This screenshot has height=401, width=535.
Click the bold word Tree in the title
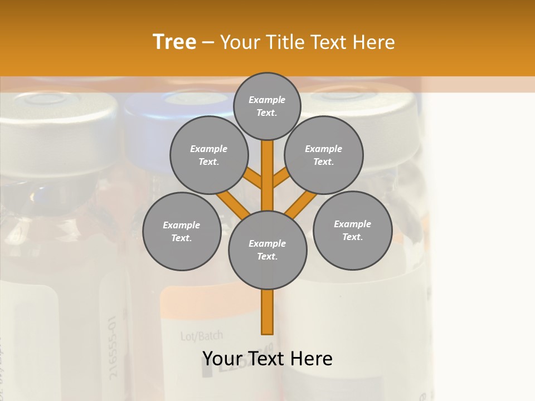(x=174, y=42)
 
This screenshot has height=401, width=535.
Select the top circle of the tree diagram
(x=267, y=106)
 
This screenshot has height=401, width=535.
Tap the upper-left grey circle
(x=209, y=155)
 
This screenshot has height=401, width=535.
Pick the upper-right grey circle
(x=324, y=155)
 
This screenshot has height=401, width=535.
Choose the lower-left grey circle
(x=182, y=231)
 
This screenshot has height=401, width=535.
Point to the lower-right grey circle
(x=352, y=230)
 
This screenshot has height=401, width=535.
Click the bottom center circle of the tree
(x=267, y=250)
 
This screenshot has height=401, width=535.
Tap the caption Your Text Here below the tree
(x=267, y=359)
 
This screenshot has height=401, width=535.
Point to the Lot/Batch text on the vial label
(x=201, y=336)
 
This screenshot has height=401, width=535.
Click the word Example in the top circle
(x=267, y=100)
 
